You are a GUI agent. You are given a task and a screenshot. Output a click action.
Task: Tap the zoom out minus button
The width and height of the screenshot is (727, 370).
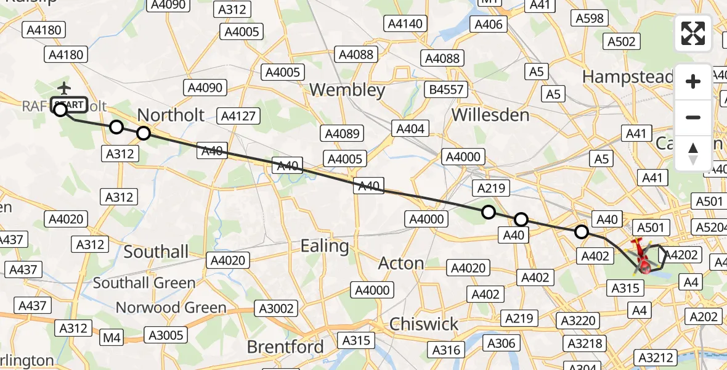tap(693, 117)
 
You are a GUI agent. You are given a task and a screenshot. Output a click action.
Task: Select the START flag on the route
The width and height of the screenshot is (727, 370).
tap(70, 105)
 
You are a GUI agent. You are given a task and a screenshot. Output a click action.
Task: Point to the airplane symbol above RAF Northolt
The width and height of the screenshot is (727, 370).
tap(65, 88)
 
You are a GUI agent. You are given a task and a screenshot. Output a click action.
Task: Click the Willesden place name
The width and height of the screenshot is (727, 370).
tap(490, 115)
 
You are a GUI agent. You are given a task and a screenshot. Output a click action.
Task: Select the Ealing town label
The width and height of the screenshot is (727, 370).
tap(324, 246)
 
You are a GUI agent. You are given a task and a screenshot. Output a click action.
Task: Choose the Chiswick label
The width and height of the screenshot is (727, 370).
tap(424, 324)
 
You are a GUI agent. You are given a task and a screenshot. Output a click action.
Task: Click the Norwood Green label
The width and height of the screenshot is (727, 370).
tap(171, 307)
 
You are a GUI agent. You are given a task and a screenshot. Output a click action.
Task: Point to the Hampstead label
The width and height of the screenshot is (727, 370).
tap(627, 76)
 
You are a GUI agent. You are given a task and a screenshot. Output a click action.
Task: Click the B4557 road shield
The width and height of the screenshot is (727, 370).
tap(447, 90)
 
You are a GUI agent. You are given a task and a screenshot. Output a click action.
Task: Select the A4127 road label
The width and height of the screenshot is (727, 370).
tap(241, 116)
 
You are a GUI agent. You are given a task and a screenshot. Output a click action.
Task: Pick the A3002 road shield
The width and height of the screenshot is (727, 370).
tap(277, 308)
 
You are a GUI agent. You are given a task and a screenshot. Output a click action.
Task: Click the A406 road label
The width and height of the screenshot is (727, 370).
tap(490, 25)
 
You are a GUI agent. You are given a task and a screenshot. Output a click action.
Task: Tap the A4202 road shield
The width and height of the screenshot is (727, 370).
tap(683, 255)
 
